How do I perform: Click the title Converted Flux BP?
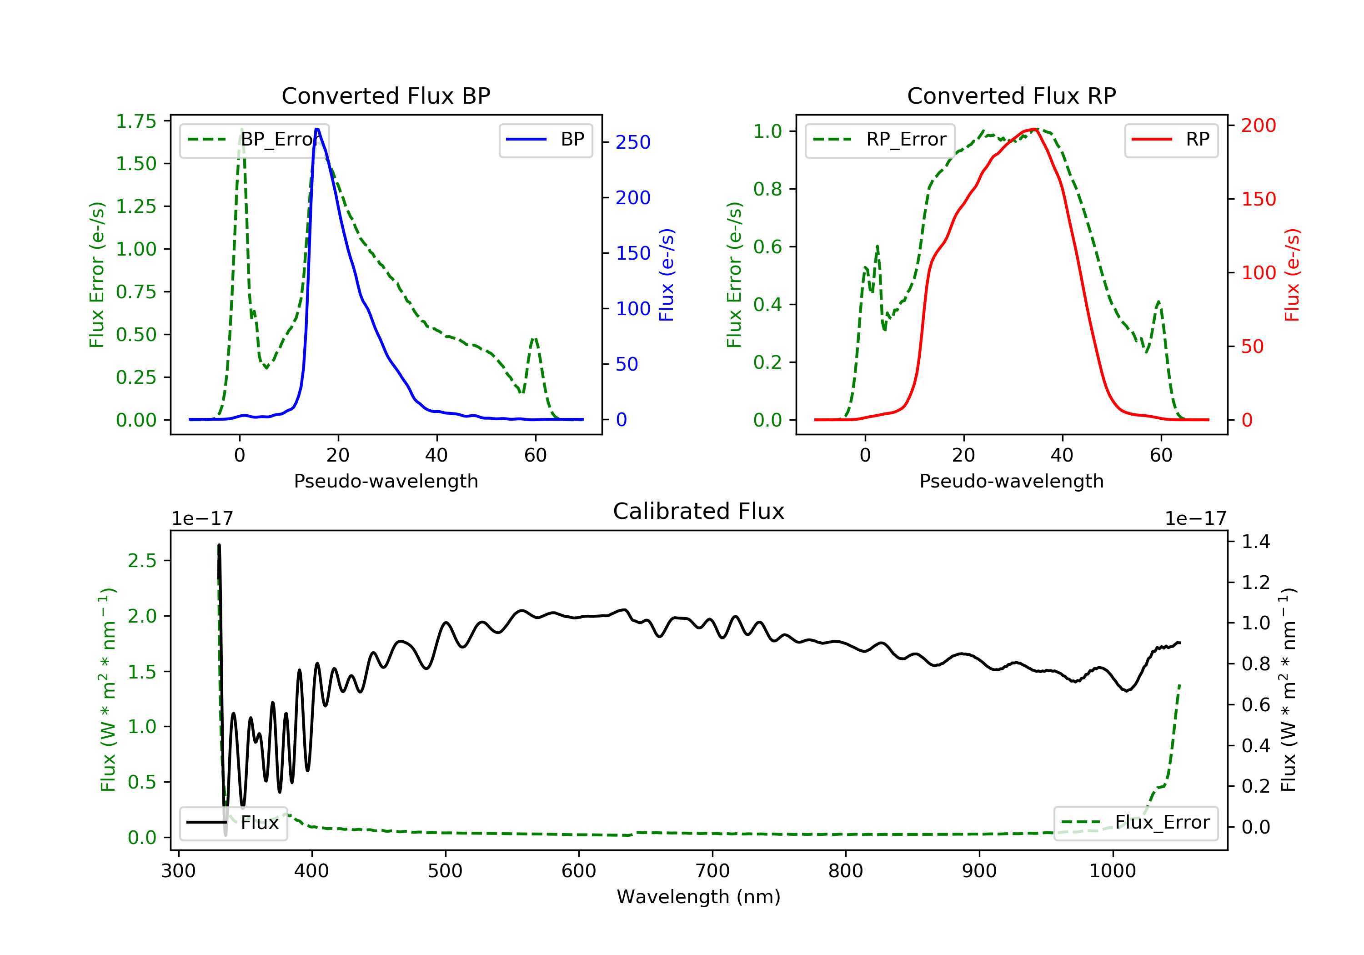386,95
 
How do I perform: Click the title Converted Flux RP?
1011,95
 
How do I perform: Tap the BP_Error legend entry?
254,140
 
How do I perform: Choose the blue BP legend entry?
545,140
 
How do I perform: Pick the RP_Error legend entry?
880,140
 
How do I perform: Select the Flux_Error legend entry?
1135,823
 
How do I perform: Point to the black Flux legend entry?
234,823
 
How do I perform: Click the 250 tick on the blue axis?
633,143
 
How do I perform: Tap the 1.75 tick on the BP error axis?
136,121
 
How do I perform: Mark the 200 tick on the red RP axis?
1258,126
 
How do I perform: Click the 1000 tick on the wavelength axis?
1112,871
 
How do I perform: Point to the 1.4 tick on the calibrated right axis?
1256,541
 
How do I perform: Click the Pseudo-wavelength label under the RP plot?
1011,481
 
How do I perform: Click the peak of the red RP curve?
1034,129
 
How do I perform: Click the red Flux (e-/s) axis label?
1292,275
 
